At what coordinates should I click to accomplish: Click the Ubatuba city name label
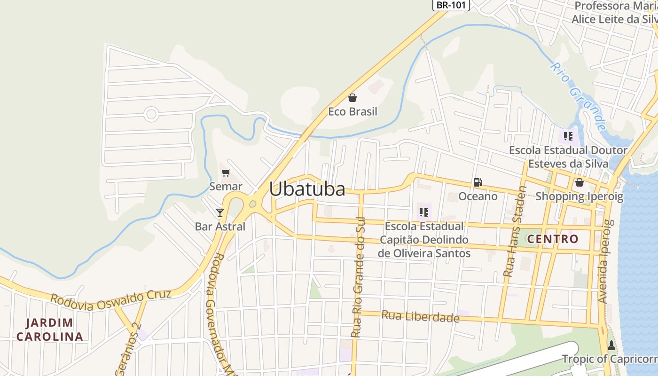307,189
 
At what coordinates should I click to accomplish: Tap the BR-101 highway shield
451,5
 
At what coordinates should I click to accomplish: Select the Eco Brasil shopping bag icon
352,98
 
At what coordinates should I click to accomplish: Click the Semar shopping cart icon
226,172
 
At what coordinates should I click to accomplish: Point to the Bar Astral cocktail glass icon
220,212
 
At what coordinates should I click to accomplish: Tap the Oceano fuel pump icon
478,182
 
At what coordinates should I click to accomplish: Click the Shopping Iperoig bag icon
579,182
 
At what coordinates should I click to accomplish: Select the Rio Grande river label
578,96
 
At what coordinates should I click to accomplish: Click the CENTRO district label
553,239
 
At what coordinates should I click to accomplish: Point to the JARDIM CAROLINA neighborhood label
50,329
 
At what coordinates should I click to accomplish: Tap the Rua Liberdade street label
420,317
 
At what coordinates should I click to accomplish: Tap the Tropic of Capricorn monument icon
611,345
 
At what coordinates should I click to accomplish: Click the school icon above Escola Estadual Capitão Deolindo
424,212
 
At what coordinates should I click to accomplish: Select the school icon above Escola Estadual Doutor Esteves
568,136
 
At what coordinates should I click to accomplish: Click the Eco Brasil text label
352,112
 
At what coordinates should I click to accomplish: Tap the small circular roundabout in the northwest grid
151,114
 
